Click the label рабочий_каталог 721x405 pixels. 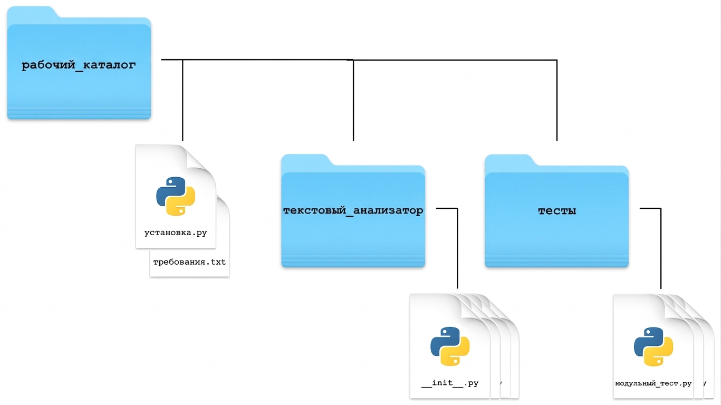[79, 65]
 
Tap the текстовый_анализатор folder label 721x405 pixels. [353, 210]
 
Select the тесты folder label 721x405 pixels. [557, 211]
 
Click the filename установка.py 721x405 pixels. [176, 233]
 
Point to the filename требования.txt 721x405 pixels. [189, 262]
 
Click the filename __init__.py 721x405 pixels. [450, 383]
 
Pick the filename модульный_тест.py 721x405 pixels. [653, 383]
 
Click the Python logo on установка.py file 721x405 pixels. [176, 196]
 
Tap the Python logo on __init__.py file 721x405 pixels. [450, 346]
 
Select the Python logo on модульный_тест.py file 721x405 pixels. [653, 347]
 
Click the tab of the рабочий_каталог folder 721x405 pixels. [32, 12]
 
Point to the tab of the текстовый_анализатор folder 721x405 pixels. [306, 160]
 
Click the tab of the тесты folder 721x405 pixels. [510, 160]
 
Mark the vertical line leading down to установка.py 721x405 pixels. [182, 100]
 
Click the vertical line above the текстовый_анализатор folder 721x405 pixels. [353, 100]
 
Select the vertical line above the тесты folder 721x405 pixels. [557, 100]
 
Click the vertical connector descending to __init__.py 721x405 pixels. [457, 248]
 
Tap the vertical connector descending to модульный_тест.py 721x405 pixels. [661, 248]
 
